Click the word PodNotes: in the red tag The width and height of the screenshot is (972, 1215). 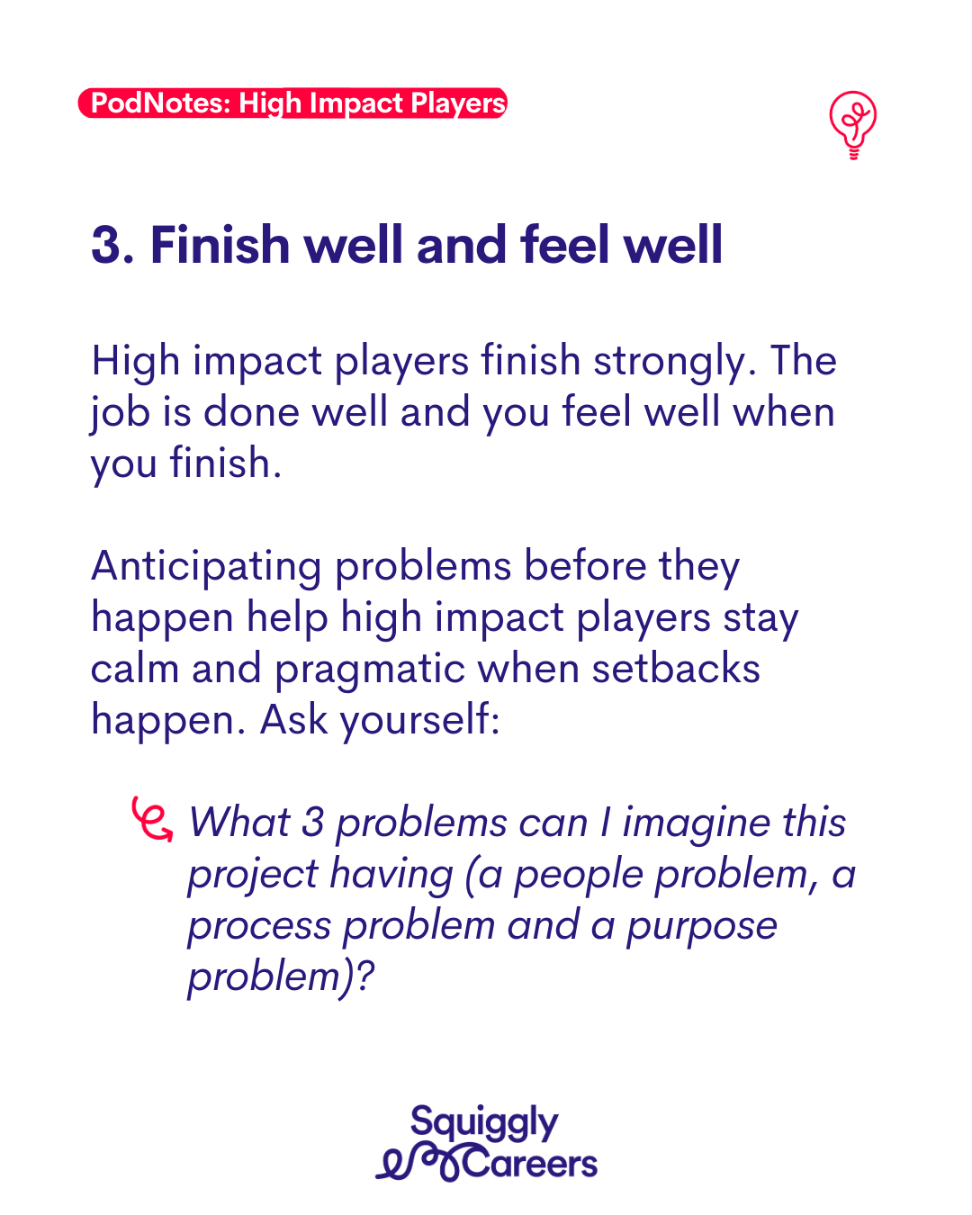160,103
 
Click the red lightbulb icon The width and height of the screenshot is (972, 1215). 853,125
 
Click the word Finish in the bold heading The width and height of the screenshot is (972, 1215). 220,244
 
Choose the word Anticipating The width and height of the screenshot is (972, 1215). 206,567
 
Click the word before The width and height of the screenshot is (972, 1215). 585,565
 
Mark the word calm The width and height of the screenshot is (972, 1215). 135,670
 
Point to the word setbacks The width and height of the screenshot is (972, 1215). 676,669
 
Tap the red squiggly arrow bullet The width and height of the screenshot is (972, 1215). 152,819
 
